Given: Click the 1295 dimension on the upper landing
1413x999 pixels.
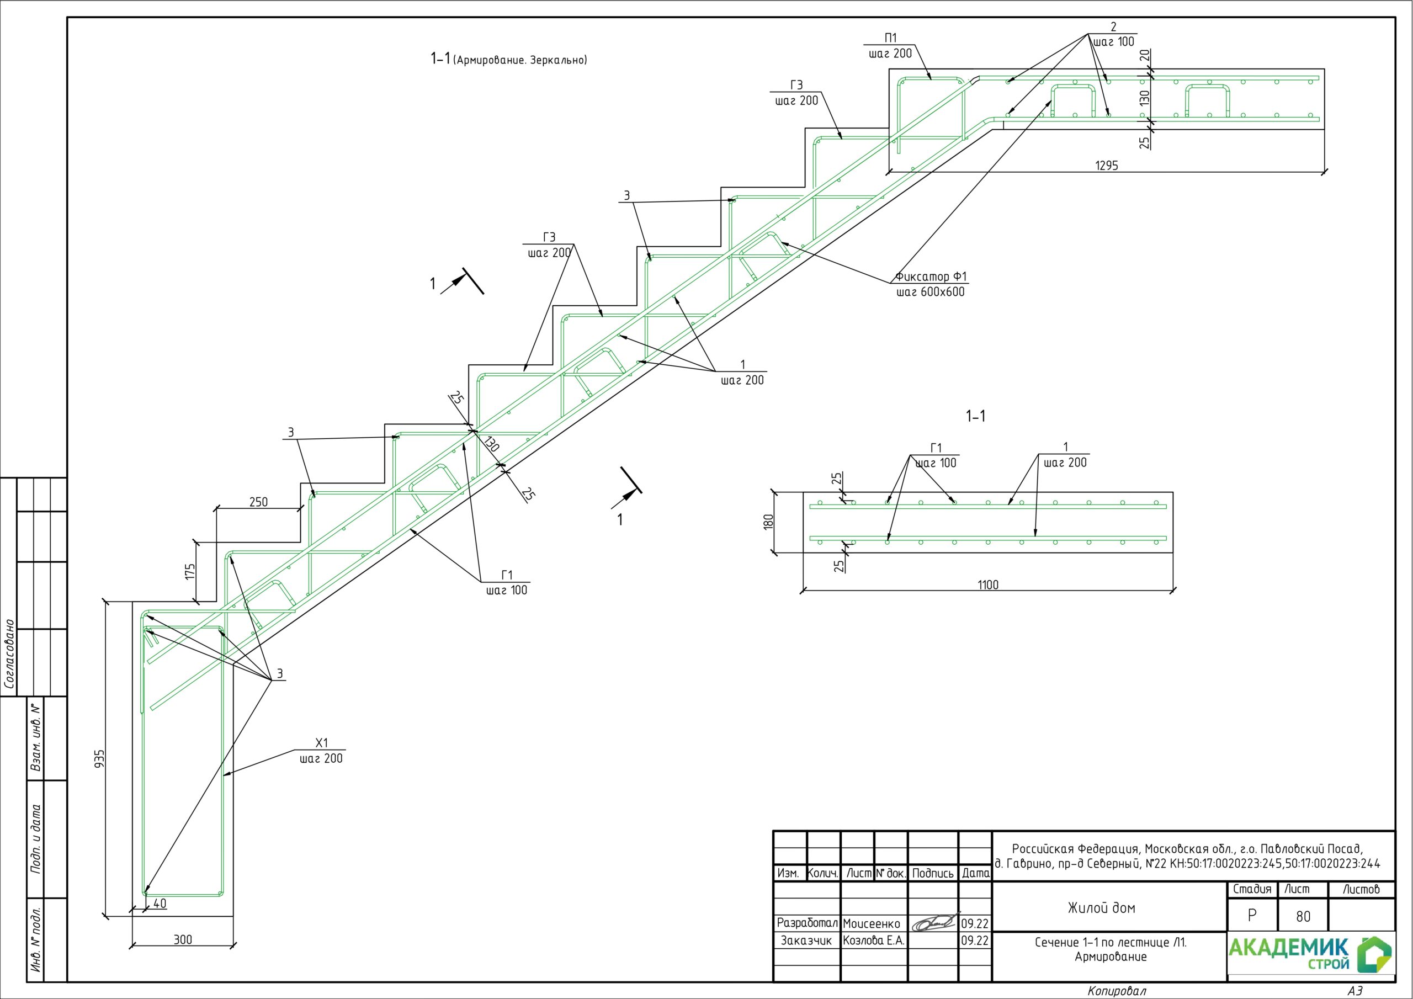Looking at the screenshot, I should (1107, 166).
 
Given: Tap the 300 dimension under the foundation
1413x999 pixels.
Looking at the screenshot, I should (183, 940).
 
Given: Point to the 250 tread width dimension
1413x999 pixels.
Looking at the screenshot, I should (258, 502).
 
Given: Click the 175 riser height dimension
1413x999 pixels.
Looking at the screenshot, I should (190, 571).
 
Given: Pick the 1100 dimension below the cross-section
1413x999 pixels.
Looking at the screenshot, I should (988, 584).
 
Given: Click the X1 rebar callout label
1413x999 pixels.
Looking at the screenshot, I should (321, 743).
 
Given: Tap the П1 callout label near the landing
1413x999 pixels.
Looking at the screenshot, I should (890, 38).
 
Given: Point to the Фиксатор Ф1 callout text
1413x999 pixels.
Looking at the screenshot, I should (931, 277).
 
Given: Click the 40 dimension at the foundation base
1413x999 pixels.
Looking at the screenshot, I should (160, 904).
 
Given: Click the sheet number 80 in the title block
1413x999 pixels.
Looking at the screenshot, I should (1303, 917).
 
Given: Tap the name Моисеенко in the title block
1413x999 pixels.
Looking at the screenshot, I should (872, 924).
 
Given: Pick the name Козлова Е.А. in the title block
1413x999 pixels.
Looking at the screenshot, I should (873, 941).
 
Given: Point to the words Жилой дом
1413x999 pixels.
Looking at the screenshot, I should (1101, 908).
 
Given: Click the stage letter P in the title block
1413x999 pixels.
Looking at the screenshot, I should (1252, 916).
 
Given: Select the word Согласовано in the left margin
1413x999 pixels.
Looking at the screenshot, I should (9, 654).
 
